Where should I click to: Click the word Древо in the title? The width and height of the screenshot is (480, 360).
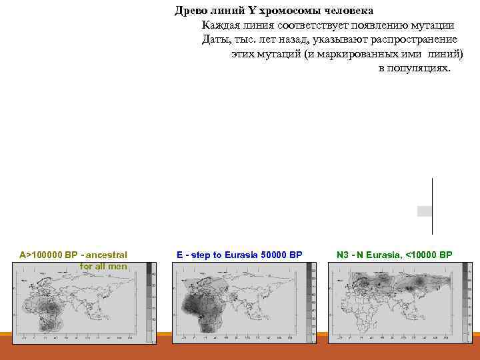pos(189,11)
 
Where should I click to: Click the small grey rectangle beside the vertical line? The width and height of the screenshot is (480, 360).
pos(425,211)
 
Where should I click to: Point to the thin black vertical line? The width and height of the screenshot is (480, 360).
pos(432,200)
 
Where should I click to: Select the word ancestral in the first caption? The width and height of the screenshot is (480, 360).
pos(107,255)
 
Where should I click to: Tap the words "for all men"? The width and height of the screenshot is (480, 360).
pos(103,267)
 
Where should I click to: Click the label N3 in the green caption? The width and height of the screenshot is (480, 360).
pos(343,255)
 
